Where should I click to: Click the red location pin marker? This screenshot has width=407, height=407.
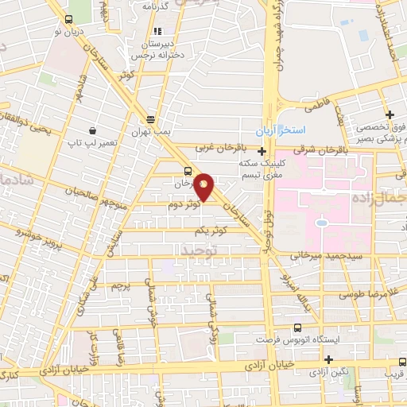point(204,186)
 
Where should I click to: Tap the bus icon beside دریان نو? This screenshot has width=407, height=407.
point(68,19)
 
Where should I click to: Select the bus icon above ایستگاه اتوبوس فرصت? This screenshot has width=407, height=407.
point(297,328)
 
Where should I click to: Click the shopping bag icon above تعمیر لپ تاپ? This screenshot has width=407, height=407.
point(94,130)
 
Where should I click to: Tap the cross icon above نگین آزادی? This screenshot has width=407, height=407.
point(328,359)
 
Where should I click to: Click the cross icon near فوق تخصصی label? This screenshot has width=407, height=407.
point(390,114)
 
